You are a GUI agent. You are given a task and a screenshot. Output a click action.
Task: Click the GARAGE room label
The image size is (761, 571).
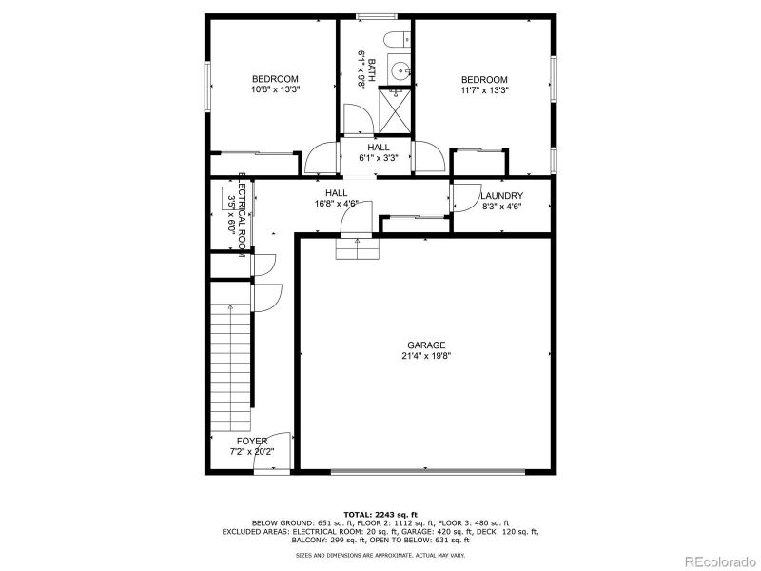426,345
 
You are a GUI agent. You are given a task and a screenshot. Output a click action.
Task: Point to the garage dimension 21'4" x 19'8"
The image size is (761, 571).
426,357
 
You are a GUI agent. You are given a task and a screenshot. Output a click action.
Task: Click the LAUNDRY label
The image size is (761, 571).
501,196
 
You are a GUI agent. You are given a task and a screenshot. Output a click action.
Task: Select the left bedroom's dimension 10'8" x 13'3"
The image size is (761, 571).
275,89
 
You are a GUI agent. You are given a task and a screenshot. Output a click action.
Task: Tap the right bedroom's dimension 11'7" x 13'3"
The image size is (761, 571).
484,90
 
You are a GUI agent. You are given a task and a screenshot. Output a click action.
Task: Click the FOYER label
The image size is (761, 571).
252,442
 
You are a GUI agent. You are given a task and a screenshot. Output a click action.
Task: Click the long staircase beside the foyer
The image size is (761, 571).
231,366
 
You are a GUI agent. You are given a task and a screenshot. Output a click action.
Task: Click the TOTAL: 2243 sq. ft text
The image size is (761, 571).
380,514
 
